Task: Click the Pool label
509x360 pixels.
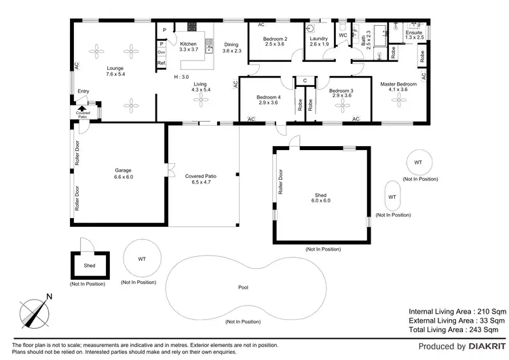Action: point(242,287)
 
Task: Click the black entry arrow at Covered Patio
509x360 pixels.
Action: point(82,107)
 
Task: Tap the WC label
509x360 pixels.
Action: point(343,35)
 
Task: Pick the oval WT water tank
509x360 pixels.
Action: point(392,196)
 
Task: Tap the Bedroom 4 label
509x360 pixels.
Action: point(268,101)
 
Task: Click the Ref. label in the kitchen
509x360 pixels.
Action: point(162,63)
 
